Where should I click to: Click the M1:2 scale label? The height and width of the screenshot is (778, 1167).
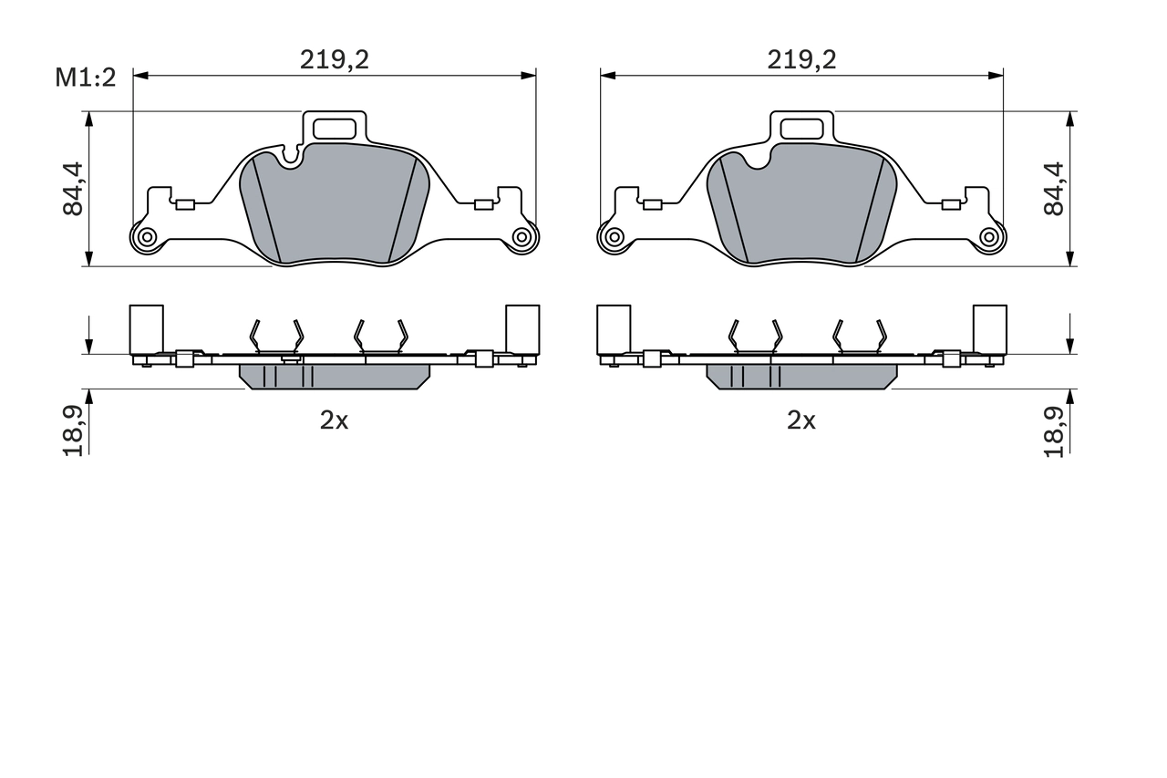click(86, 78)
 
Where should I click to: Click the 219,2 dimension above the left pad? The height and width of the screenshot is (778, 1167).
click(335, 59)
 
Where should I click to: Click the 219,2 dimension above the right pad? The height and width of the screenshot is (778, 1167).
click(801, 59)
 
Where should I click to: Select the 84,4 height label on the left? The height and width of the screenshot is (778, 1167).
click(73, 189)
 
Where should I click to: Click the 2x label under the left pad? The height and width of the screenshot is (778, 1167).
click(334, 420)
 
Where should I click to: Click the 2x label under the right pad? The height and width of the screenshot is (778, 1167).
click(801, 420)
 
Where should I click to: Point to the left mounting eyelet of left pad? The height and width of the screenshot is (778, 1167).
click(146, 237)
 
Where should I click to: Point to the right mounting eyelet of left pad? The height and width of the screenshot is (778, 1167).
click(522, 237)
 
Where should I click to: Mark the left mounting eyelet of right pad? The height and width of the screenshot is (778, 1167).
click(614, 237)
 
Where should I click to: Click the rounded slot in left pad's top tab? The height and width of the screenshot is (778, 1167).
click(335, 129)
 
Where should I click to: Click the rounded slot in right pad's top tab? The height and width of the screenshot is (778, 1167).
click(802, 129)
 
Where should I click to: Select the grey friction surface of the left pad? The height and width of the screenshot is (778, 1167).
click(335, 210)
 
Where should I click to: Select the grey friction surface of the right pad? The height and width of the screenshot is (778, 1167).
click(802, 210)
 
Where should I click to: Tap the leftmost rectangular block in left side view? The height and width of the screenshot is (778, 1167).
click(146, 328)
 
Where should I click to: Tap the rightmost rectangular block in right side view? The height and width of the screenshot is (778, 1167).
click(990, 328)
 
